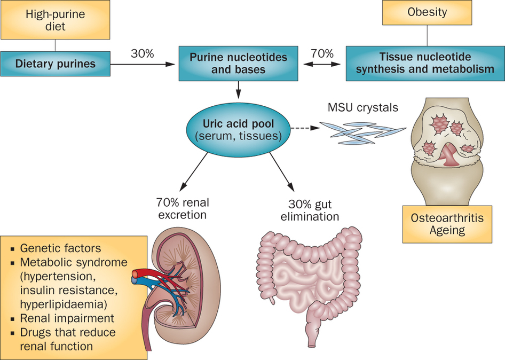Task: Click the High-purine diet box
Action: (x=56, y=20)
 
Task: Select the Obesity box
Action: (x=427, y=12)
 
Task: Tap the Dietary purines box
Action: (x=56, y=64)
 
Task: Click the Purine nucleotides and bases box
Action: (x=238, y=64)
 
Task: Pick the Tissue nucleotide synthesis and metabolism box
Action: (x=425, y=64)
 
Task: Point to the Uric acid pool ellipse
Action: (x=238, y=130)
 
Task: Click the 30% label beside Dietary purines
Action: (x=142, y=53)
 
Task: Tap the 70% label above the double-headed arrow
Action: (x=322, y=53)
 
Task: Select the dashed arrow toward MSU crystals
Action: (x=305, y=128)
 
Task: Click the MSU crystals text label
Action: (x=362, y=107)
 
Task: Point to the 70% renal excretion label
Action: (x=183, y=208)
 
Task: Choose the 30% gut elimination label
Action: (x=310, y=210)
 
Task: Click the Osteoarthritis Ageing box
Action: (x=447, y=224)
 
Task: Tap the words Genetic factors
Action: (x=60, y=248)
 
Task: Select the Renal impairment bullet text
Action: (x=67, y=318)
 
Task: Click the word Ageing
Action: (x=447, y=231)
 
